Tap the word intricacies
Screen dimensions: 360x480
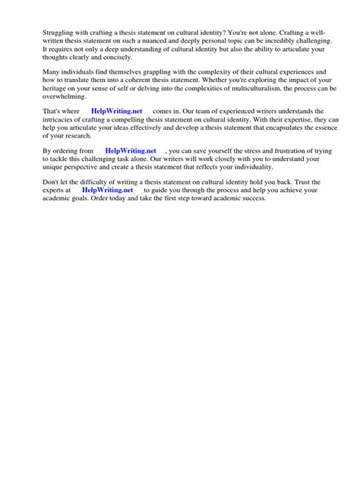(62, 119)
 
